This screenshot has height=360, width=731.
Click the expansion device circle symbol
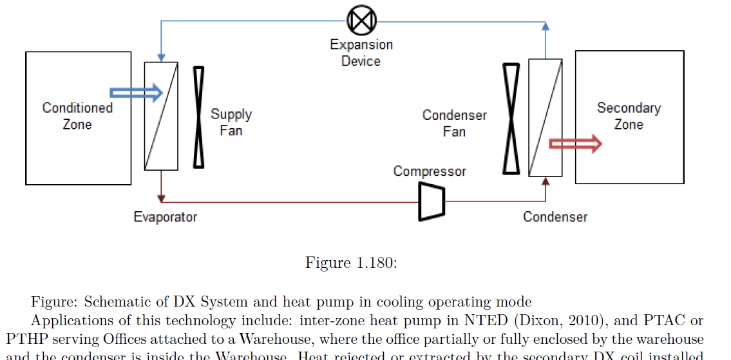click(x=361, y=21)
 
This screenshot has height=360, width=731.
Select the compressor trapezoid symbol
click(x=431, y=201)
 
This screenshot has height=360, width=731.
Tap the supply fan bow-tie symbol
click(x=198, y=117)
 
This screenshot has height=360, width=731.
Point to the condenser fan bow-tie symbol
click(x=511, y=118)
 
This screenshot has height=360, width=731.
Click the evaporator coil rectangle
click(x=161, y=116)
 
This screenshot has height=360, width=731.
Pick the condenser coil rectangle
click(x=545, y=117)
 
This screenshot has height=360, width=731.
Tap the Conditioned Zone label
click(x=77, y=116)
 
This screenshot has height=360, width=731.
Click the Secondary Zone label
click(x=629, y=116)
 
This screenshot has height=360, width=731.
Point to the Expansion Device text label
click(x=361, y=53)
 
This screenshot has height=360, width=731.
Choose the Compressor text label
click(x=430, y=171)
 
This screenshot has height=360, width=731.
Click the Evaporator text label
click(x=165, y=217)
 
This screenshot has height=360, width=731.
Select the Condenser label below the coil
click(x=555, y=217)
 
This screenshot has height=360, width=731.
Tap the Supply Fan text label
click(x=231, y=122)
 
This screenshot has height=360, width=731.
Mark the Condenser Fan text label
click(x=454, y=123)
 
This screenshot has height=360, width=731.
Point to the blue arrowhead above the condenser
click(x=546, y=26)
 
